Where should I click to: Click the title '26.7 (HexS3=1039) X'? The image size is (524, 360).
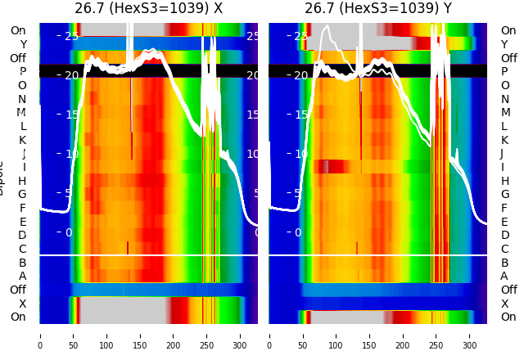148,9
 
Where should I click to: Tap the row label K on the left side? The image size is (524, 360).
22,140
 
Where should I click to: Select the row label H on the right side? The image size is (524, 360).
504,181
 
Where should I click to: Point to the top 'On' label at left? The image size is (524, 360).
18,31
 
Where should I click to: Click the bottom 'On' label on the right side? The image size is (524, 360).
508,317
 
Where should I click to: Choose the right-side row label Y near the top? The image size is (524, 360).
504,44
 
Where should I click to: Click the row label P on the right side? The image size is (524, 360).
504,72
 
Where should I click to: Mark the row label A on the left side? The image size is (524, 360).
22,277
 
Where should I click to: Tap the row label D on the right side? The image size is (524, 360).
504,236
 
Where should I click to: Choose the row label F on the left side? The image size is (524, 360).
22,208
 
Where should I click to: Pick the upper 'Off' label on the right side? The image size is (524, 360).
508,58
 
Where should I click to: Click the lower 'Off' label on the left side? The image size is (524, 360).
18,290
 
